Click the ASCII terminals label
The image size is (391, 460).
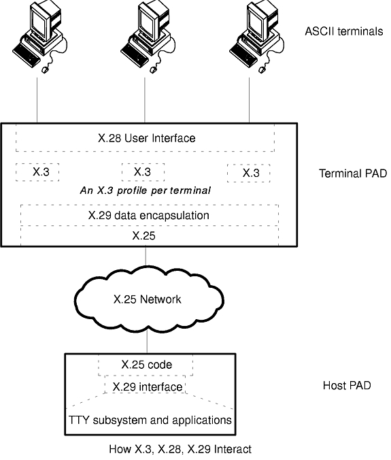point(344,31)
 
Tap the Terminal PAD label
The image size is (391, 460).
point(353,174)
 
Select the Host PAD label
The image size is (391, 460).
point(347,385)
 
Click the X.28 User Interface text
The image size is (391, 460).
point(147,138)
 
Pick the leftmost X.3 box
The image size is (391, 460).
point(37,172)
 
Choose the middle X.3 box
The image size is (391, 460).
point(143,172)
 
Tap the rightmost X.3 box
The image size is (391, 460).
point(249,173)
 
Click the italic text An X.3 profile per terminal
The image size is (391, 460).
point(146,191)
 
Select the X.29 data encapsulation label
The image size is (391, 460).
point(149,215)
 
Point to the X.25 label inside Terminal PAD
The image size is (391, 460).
point(143,235)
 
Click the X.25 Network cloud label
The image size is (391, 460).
point(147,299)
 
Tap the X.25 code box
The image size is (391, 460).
point(146,365)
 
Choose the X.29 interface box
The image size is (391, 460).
point(146,384)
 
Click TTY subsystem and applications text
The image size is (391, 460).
point(150,420)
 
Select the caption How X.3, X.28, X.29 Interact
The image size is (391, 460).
point(180,449)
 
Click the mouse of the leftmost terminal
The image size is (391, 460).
point(45,70)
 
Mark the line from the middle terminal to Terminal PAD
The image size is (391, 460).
point(145,100)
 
